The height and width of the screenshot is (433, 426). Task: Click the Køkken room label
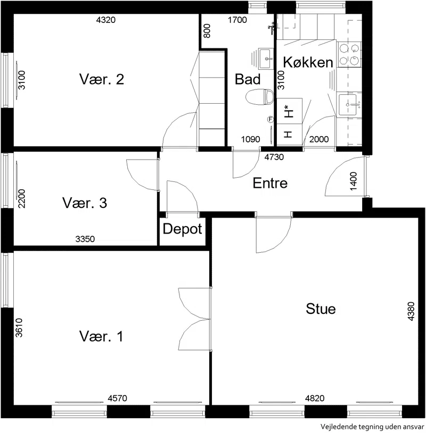(x=308, y=62)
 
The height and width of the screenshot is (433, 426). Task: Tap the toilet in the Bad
(x=259, y=97)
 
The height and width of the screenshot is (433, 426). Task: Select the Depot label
(x=183, y=229)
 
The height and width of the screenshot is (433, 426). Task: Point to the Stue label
(x=321, y=309)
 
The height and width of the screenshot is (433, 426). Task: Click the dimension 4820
(x=315, y=398)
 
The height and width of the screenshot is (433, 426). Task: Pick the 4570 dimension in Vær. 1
(x=117, y=398)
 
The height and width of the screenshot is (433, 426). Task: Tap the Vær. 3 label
(x=85, y=203)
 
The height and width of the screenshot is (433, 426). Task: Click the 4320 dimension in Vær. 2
(x=106, y=20)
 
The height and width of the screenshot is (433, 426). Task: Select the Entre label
(x=270, y=183)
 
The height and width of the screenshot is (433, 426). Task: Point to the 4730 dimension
(x=274, y=157)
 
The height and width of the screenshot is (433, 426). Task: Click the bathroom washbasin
(x=266, y=59)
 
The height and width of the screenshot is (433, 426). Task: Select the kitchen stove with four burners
(x=349, y=54)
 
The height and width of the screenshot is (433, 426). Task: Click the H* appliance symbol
(x=289, y=111)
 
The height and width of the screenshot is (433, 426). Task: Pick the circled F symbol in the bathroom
(x=270, y=119)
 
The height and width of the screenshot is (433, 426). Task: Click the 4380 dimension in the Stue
(x=411, y=312)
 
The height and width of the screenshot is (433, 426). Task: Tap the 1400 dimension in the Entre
(x=353, y=181)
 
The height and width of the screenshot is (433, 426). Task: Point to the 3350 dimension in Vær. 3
(x=85, y=239)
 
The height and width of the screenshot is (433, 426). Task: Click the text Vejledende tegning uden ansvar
(x=372, y=427)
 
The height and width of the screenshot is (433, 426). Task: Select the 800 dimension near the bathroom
(x=207, y=31)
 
